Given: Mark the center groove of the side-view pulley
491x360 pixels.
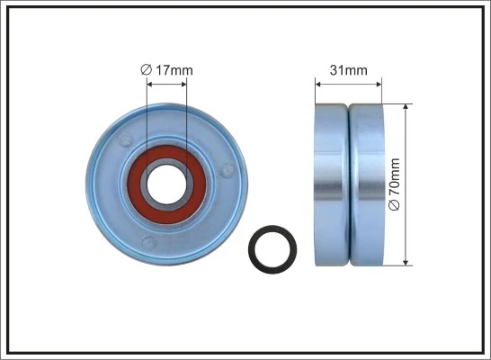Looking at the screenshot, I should coord(349,184).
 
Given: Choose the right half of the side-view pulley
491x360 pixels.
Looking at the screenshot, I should coord(366,184).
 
